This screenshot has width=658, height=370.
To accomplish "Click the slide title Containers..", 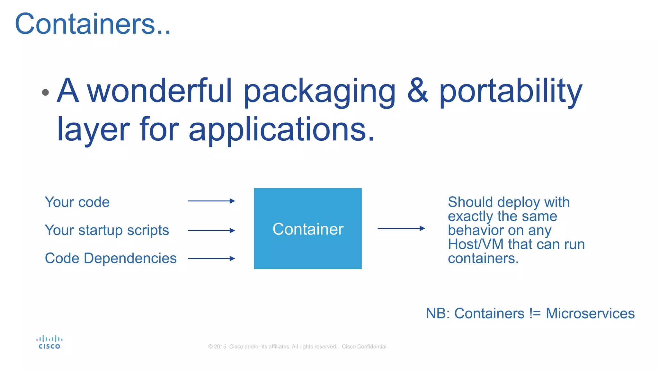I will [93, 24].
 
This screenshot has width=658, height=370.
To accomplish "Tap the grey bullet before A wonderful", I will [45, 92].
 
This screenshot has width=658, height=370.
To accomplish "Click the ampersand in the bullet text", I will [417, 91].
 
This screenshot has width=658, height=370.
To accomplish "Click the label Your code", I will [77, 202].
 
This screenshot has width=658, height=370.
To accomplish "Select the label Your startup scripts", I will [107, 230].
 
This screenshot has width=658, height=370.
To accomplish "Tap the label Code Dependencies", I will [111, 258].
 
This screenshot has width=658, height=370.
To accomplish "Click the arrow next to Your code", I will [211, 201].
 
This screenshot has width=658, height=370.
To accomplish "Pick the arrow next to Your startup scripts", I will [211, 231].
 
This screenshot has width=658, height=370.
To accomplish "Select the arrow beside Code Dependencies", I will [211, 259].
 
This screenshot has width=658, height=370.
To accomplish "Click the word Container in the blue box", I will [308, 229].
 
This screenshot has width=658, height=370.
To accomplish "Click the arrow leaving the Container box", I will [401, 228].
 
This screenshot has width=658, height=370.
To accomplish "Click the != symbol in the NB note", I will [535, 313].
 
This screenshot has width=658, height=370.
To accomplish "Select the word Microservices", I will [590, 313].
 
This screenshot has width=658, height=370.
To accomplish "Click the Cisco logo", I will [49, 342].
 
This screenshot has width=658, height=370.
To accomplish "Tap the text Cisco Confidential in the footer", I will [364, 347].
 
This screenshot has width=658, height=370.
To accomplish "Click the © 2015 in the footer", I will [217, 347].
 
